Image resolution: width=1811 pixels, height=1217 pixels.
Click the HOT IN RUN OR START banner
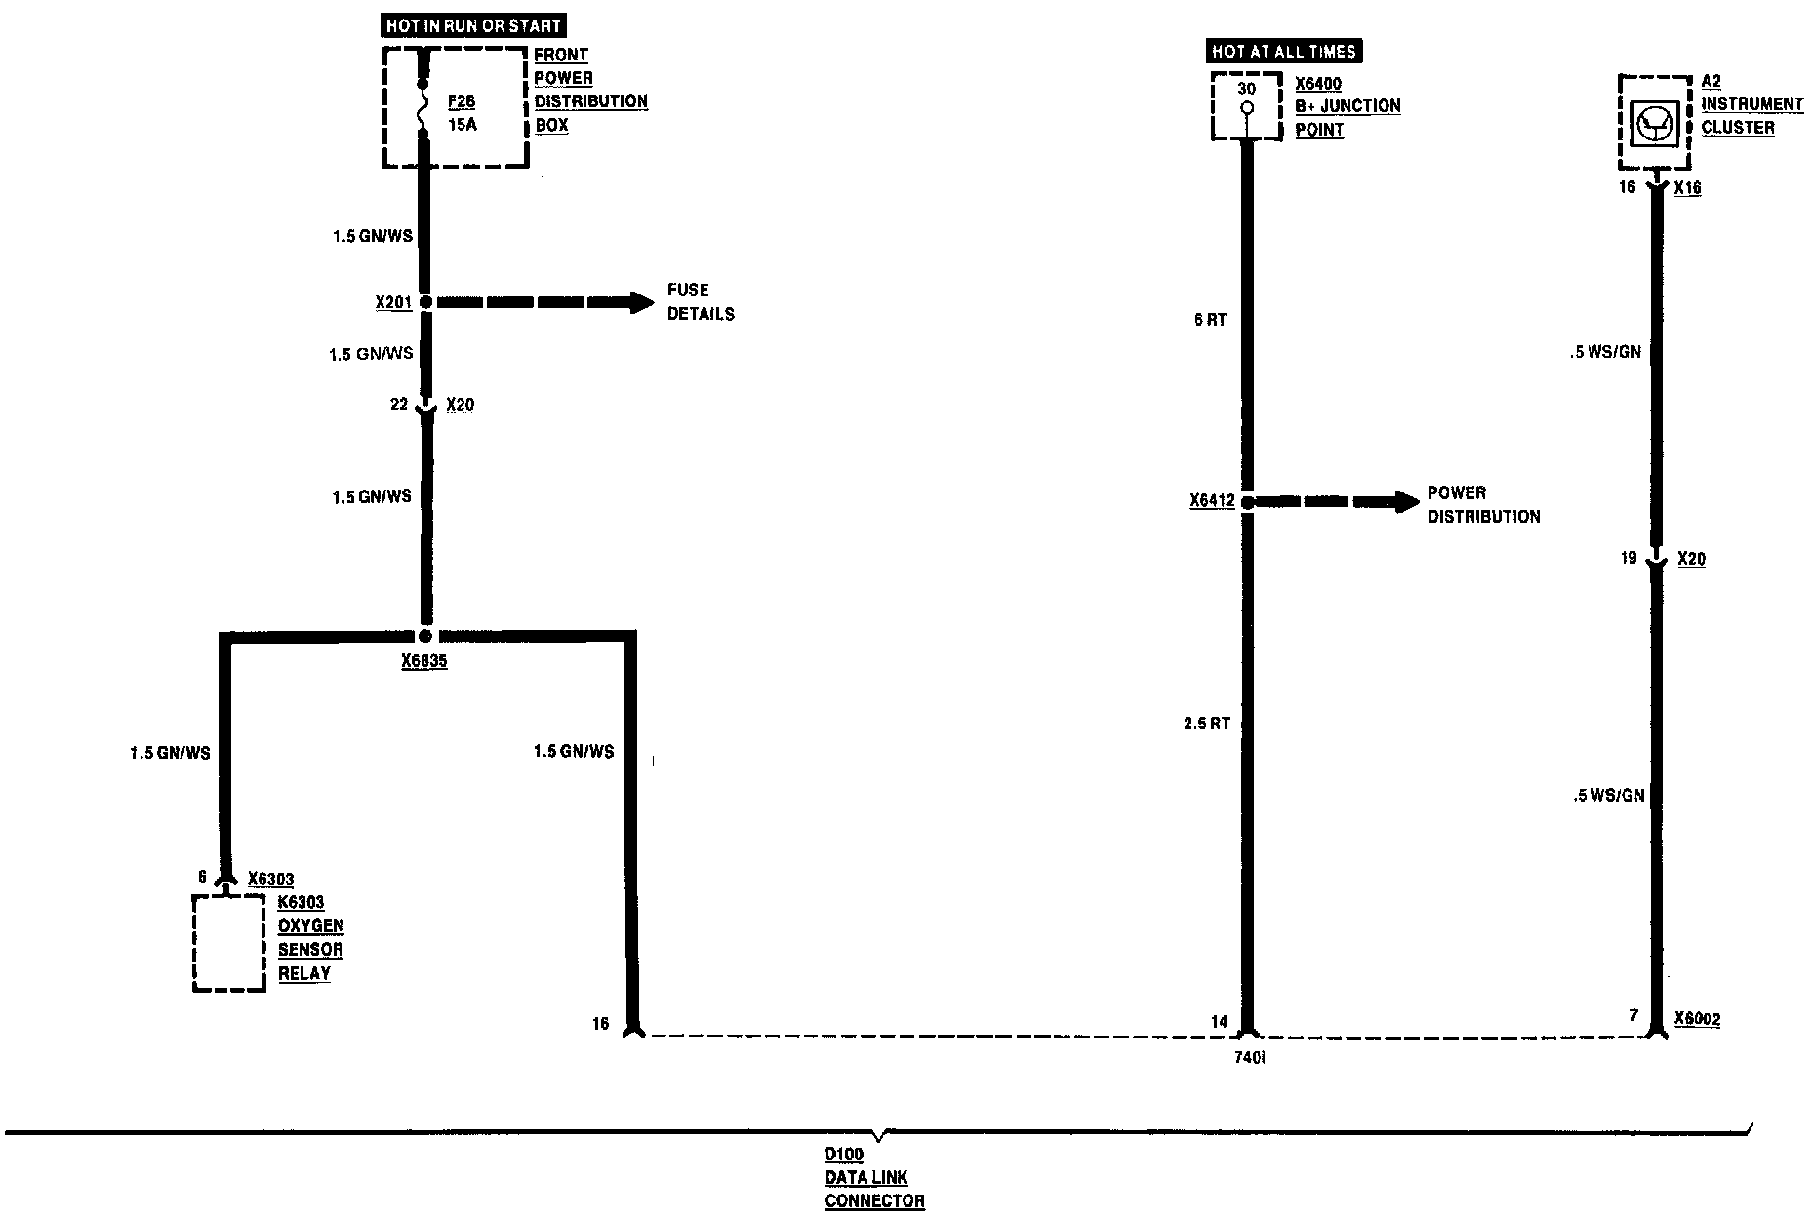(473, 26)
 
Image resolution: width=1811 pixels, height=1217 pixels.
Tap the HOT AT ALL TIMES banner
(1283, 52)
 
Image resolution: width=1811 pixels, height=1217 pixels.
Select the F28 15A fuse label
(462, 113)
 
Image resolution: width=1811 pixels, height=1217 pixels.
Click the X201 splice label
(393, 302)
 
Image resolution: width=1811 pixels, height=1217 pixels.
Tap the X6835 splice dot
(425, 635)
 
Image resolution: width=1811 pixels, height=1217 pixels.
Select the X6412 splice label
(1212, 501)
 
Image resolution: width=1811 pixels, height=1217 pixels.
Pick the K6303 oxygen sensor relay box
(228, 942)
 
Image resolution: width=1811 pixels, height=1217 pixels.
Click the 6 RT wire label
(1210, 320)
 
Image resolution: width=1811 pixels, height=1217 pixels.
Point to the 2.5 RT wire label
(1207, 724)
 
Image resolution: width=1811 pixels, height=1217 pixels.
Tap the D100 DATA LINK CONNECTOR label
(874, 1178)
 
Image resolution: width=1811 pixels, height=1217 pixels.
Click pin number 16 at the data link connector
(600, 1023)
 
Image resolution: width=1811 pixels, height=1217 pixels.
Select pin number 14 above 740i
(1219, 1022)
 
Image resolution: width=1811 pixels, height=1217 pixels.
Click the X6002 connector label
(1697, 1020)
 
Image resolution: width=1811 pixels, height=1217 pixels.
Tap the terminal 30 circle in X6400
(1246, 107)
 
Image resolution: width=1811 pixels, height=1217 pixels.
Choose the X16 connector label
(1687, 188)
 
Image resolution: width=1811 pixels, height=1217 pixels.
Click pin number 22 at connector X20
(398, 404)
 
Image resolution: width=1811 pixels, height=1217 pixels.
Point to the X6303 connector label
(270, 879)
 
